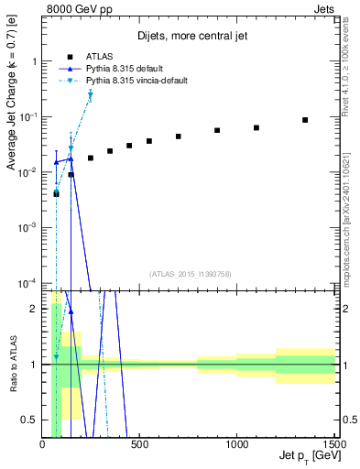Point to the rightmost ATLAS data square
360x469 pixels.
306,120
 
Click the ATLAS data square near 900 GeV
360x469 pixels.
217,130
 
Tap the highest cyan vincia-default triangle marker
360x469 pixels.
91,95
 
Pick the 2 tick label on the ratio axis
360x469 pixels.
33,309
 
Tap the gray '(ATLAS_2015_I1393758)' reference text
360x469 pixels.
190,274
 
